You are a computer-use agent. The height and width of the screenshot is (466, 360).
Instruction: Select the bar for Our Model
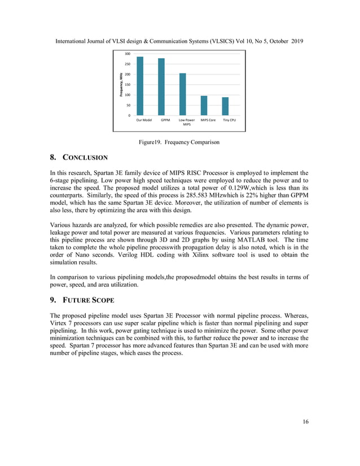(140, 86)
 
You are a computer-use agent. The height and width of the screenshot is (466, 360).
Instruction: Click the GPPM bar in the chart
(161, 87)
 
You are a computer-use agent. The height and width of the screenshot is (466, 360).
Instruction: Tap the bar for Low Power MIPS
(183, 94)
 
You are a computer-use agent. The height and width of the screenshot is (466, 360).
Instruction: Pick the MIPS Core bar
(204, 105)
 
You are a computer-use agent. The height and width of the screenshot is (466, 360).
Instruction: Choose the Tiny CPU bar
(225, 107)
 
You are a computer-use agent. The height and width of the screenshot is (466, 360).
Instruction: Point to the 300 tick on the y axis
(128, 54)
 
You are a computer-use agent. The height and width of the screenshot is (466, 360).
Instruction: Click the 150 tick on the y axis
(128, 85)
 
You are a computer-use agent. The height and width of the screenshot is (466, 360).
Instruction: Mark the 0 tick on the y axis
(130, 116)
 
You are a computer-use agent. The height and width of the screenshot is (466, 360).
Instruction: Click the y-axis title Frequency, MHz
(121, 85)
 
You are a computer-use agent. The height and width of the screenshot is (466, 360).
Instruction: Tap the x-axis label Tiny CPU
(229, 120)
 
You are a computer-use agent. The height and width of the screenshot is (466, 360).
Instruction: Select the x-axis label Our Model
(144, 120)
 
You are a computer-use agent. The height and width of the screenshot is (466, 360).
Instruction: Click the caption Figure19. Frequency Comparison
(179, 142)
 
